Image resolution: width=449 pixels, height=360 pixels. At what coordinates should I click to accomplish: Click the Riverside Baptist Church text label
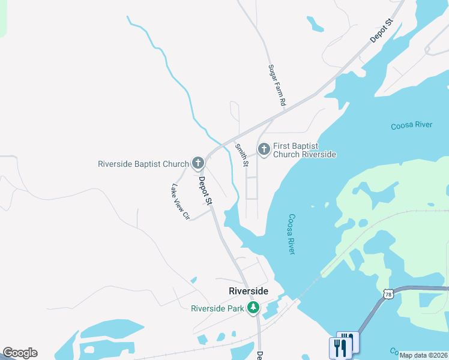[x=143, y=163]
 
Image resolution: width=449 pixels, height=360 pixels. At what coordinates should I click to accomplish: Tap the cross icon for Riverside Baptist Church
[x=198, y=163]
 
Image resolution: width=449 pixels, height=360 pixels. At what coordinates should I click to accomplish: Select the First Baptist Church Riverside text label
[x=304, y=150]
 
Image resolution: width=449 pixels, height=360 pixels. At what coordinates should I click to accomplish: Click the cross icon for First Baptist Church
[x=264, y=149]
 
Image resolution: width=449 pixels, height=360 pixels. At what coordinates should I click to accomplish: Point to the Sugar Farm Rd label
[x=276, y=86]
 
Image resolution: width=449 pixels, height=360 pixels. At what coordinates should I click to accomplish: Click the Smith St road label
[x=242, y=155]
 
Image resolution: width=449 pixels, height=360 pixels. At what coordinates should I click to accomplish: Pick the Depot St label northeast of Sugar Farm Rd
[x=381, y=31]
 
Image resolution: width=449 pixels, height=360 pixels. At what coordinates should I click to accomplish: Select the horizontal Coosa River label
[x=411, y=125]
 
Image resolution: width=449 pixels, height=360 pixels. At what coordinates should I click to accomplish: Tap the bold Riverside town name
[x=248, y=291]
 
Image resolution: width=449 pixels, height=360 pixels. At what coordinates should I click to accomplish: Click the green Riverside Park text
[x=217, y=309]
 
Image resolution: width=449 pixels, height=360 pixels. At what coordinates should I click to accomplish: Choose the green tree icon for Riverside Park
[x=254, y=308]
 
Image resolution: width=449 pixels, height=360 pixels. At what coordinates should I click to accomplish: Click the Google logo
[x=20, y=353]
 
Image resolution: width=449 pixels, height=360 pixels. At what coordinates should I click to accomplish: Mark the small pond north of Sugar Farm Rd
[x=315, y=24]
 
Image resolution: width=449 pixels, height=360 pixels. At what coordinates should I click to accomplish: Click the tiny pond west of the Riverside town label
[x=193, y=280]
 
